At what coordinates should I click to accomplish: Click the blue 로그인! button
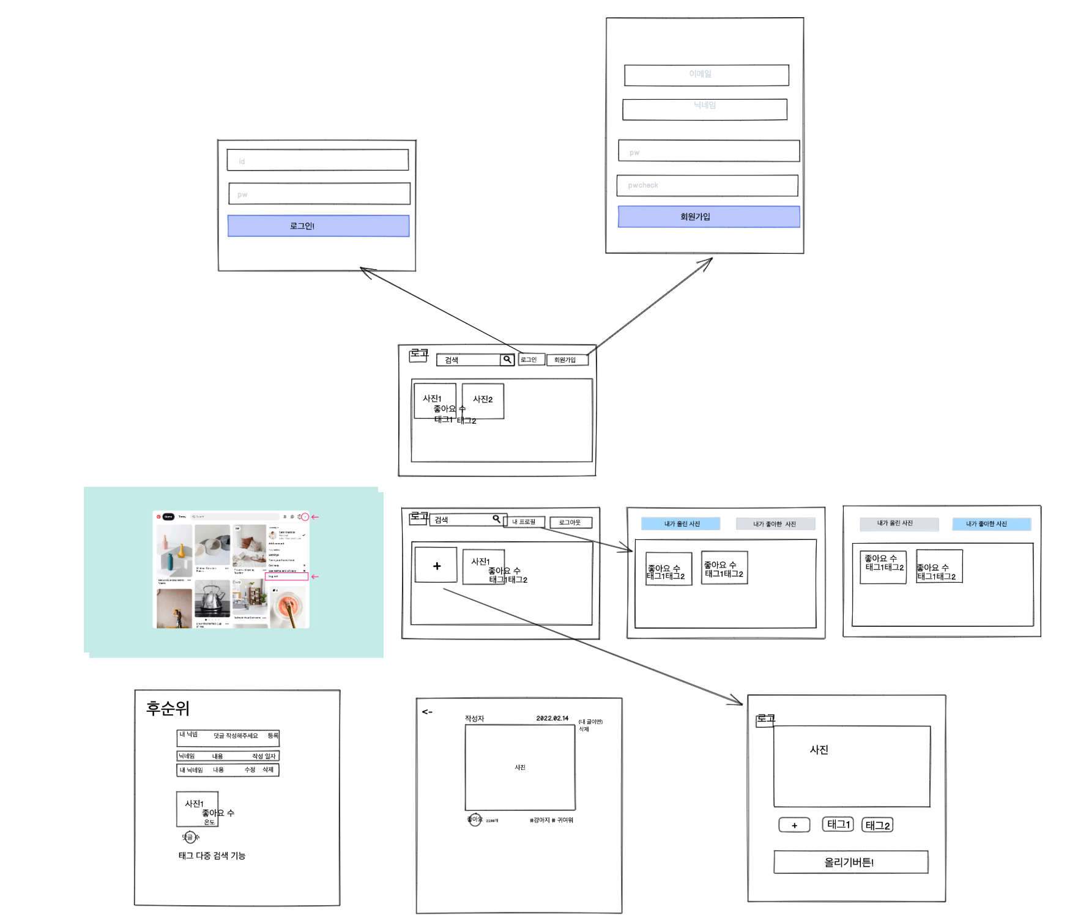[x=318, y=226]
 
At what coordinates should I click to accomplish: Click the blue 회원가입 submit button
[x=708, y=216]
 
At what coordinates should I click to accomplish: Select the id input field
[x=318, y=160]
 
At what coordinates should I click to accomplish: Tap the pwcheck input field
[x=707, y=185]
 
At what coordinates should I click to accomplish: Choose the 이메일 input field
[x=706, y=75]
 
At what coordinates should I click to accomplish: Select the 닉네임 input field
[x=705, y=109]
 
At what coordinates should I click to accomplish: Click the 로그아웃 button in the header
[x=570, y=522]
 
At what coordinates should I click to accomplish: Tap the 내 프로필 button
[x=524, y=522]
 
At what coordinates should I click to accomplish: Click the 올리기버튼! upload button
[x=850, y=862]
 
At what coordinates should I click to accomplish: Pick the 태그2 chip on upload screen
[x=877, y=825]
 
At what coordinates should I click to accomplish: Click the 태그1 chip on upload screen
[x=838, y=824]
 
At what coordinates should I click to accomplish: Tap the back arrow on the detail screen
[x=427, y=712]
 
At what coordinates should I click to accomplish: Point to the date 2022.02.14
[x=552, y=718]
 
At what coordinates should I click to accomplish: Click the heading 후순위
[x=168, y=708]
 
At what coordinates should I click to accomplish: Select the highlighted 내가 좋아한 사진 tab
[x=991, y=523]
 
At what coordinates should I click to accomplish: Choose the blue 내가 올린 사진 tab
[x=680, y=523]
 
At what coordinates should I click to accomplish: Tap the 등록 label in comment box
[x=273, y=735]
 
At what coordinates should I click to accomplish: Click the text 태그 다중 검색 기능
[x=212, y=856]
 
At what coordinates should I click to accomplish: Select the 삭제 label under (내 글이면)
[x=584, y=729]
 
